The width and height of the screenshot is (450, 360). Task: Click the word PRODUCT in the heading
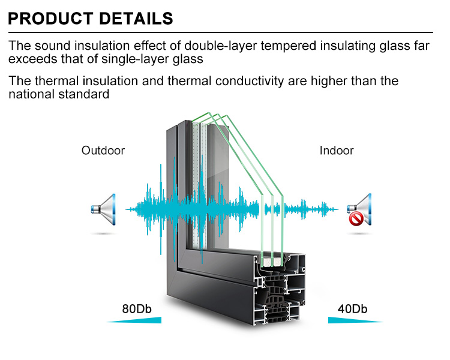[51, 19]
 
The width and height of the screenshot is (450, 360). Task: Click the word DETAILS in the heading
[136, 19]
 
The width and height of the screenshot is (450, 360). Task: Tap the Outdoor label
[103, 151]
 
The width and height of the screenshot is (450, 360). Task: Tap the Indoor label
[337, 151]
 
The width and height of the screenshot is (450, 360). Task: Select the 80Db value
[137, 309]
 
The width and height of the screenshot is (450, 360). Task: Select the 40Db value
[352, 309]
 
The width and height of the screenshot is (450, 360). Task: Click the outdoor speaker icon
[103, 209]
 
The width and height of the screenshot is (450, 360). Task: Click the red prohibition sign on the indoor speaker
[356, 220]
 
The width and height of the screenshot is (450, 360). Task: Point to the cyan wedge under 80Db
[143, 320]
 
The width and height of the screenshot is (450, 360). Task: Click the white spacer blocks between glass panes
[271, 262]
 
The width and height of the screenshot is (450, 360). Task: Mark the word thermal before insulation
[56, 81]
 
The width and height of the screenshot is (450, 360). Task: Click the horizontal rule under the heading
[220, 32]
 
